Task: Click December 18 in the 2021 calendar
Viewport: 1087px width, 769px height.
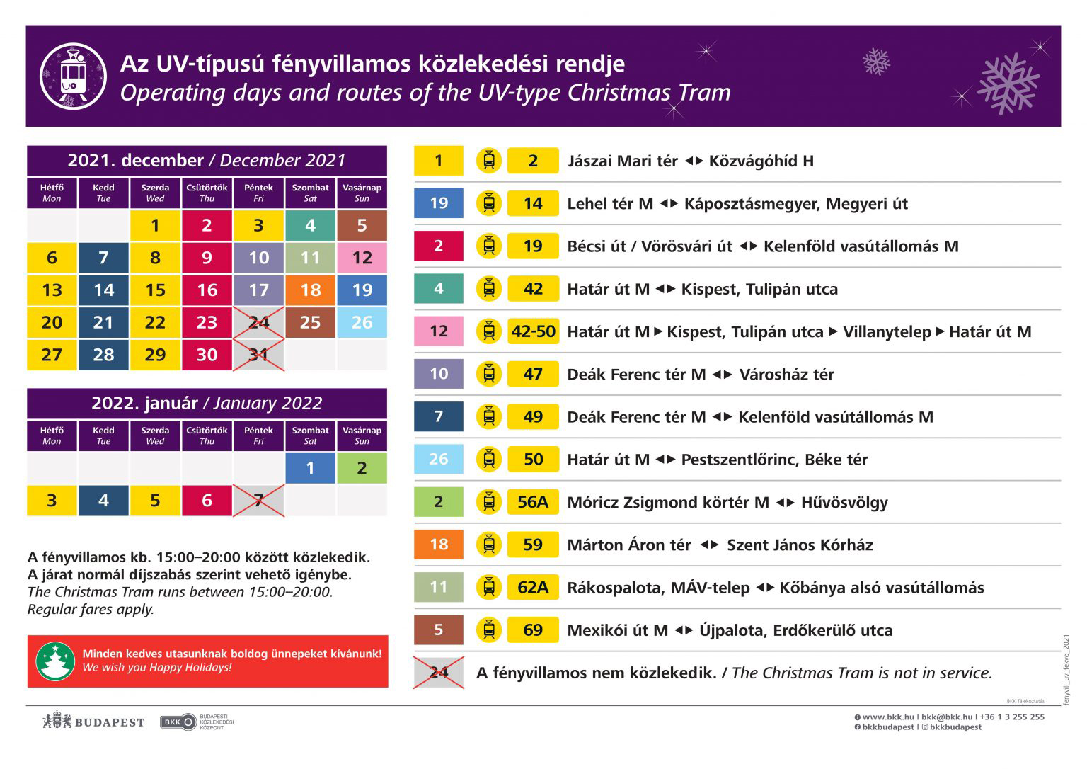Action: coord(310,290)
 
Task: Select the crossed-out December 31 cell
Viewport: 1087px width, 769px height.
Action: coord(258,355)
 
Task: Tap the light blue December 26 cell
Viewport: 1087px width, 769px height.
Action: coord(362,322)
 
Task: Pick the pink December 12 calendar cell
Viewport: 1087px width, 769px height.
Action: coord(362,258)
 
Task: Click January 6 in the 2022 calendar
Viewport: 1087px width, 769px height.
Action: coord(207,501)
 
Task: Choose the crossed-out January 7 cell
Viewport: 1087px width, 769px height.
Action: coord(258,501)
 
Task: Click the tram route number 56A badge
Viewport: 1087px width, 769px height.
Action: coord(533,502)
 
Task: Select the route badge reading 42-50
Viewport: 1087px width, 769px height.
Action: coord(533,331)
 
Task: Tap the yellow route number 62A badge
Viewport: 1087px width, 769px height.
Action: coord(533,587)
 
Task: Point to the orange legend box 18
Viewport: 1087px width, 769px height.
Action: coord(439,545)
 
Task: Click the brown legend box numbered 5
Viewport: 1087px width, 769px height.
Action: coord(439,630)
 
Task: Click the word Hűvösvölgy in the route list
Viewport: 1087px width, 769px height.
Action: coord(844,503)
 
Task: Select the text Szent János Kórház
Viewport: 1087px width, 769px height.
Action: coord(800,545)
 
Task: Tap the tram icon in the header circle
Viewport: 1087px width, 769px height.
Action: coord(73,76)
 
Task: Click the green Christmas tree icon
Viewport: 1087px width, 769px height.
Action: coord(55,661)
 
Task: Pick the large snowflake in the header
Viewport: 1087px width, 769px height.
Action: coord(1008,84)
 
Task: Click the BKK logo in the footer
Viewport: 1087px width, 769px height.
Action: coord(178,722)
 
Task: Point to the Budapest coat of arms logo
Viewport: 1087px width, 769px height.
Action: coord(57,722)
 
